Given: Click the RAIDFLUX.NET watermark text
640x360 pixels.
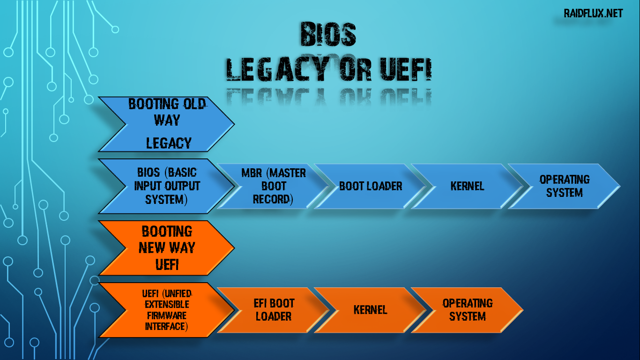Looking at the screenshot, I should pyautogui.click(x=594, y=13).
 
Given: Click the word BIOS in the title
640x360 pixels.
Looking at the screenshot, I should pyautogui.click(x=328, y=34).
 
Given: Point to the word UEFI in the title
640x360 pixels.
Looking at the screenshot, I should pyautogui.click(x=403, y=70).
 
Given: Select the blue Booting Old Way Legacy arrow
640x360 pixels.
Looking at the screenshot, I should pyautogui.click(x=166, y=124).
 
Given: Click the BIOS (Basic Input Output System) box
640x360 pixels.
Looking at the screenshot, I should pyautogui.click(x=166, y=186).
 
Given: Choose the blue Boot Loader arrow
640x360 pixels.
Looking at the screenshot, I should pyautogui.click(x=370, y=186).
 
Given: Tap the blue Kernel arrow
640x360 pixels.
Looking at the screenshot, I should pyautogui.click(x=467, y=186).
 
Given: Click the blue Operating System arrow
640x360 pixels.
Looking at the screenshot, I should pyautogui.click(x=564, y=186).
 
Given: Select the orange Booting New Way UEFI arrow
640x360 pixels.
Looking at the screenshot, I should pyautogui.click(x=166, y=248).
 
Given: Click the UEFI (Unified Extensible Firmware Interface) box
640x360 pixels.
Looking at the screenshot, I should pyautogui.click(x=166, y=310).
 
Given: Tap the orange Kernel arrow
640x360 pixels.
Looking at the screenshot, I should pyautogui.click(x=370, y=310).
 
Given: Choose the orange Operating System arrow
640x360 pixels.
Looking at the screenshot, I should pyautogui.click(x=467, y=310).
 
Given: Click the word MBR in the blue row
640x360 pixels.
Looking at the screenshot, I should pyautogui.click(x=252, y=173).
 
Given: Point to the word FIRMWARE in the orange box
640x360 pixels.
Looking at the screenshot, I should pyautogui.click(x=166, y=315).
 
